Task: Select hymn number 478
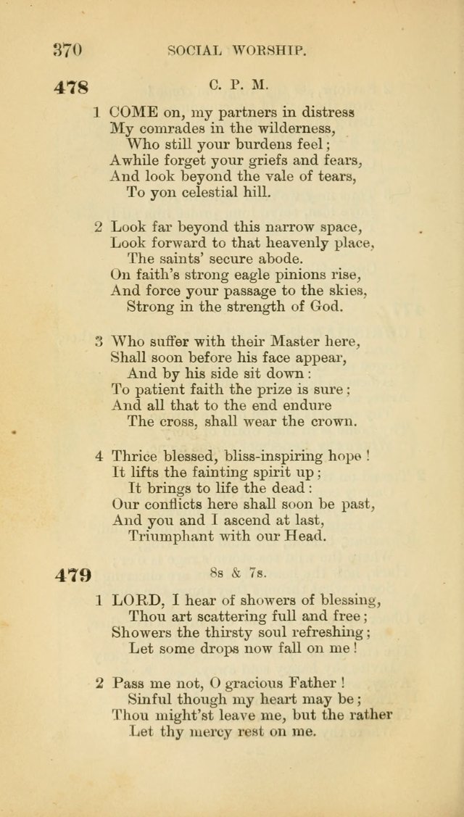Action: click(72, 88)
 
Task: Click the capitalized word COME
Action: click(133, 112)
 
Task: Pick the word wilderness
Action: click(283, 128)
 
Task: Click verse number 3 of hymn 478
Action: click(99, 341)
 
